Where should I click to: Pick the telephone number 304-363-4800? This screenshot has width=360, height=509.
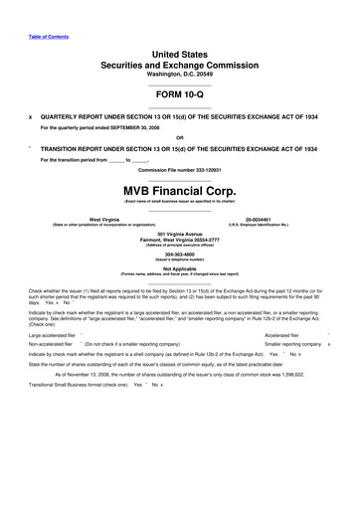click(x=179, y=252)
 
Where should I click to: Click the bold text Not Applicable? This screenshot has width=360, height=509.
click(x=179, y=268)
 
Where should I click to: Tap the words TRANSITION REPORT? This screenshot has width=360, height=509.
click(x=80, y=146)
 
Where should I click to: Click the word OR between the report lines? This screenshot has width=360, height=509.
click(x=179, y=137)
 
